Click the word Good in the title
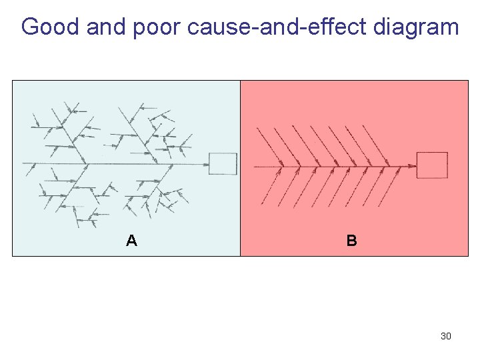(x=50, y=27)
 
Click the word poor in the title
(x=159, y=27)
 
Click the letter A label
(x=132, y=241)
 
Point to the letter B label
(x=352, y=241)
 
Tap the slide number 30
(x=446, y=336)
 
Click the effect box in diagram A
(x=223, y=164)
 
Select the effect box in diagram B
(x=432, y=165)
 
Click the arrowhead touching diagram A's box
(x=205, y=163)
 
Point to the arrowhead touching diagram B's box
(x=413, y=166)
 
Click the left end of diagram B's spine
(x=255, y=167)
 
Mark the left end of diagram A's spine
(x=24, y=163)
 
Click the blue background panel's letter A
(x=132, y=241)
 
